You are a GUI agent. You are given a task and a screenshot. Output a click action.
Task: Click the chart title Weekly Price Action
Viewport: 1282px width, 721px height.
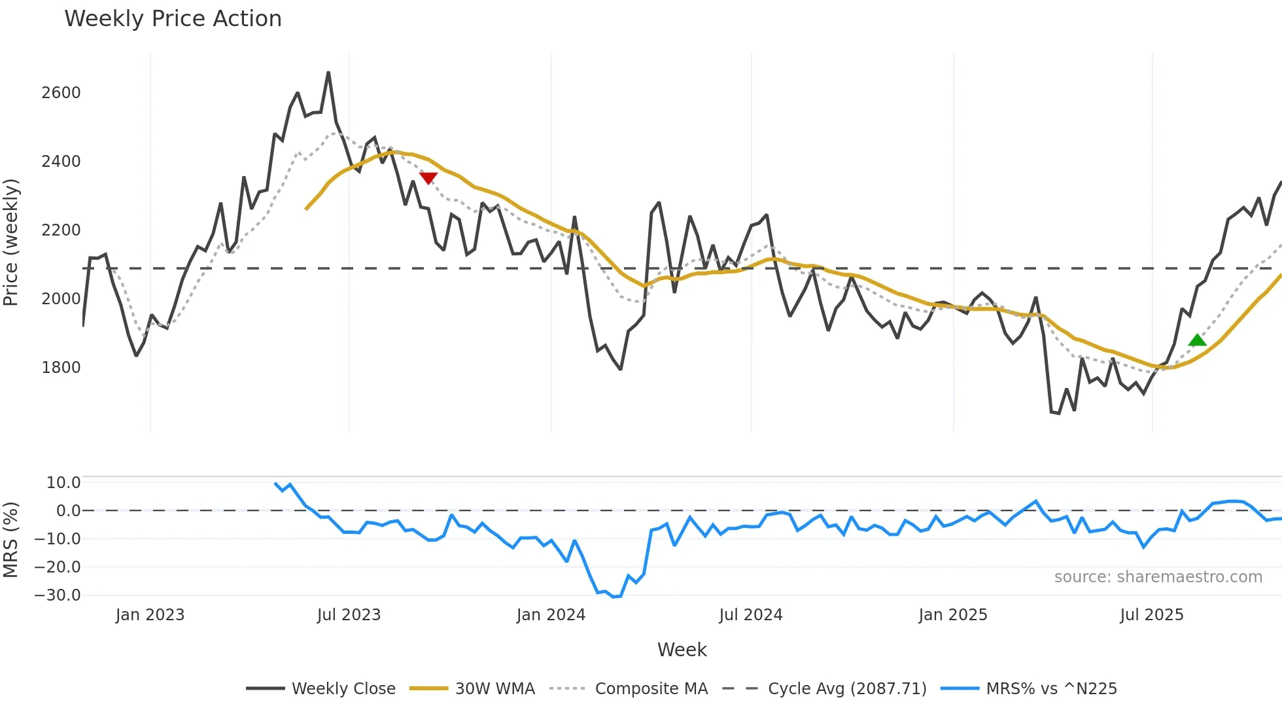pos(173,19)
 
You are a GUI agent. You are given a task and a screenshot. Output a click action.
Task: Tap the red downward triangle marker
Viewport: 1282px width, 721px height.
pos(428,178)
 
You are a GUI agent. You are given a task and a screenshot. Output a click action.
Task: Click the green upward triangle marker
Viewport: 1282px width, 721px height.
pos(1197,340)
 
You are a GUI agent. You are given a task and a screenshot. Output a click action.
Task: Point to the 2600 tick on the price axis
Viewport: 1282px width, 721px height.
pos(61,93)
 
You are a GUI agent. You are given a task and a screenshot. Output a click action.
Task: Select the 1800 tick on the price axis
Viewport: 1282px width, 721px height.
pos(61,368)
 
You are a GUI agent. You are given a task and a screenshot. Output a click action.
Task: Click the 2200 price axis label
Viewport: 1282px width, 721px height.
pos(61,230)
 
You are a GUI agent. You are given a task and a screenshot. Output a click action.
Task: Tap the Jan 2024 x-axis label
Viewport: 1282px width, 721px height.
pos(551,615)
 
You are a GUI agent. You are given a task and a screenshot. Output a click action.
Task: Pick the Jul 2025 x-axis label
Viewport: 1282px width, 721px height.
pos(1151,615)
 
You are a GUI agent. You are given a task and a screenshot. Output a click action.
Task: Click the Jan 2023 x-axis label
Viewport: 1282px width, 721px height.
pos(150,615)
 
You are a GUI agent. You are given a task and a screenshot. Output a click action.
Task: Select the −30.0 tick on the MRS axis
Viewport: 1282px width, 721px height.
pos(58,595)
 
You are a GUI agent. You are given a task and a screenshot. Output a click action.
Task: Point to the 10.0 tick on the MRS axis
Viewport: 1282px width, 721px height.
pos(63,483)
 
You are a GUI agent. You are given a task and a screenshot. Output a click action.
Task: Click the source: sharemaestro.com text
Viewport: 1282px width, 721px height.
pos(1158,577)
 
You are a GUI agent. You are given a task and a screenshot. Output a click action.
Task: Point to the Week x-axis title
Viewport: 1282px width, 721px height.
pos(682,650)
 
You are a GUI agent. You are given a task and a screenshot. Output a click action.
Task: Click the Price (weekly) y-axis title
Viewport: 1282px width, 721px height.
pos(11,242)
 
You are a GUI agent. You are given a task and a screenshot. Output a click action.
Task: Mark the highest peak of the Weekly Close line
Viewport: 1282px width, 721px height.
pos(328,73)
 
